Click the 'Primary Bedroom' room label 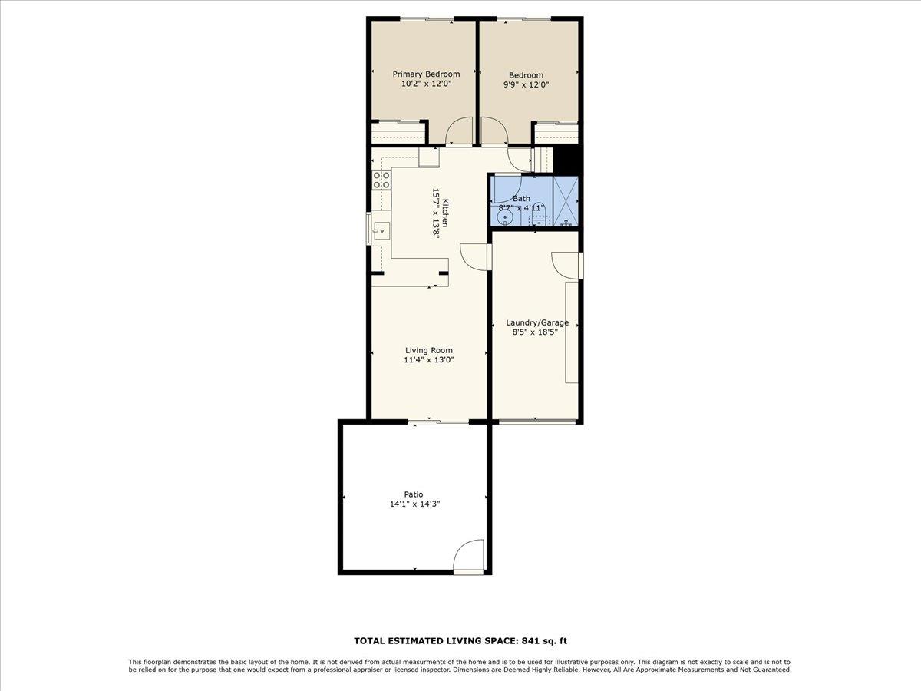[426, 74]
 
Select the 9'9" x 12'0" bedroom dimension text [526, 85]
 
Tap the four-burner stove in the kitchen [381, 180]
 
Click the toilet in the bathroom [539, 217]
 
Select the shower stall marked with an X [566, 201]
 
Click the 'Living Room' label [429, 350]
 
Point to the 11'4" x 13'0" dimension [429, 359]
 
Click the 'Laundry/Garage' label [537, 322]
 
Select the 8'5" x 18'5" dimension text [534, 332]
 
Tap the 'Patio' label [414, 494]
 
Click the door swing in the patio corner [469, 557]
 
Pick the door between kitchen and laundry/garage [475, 256]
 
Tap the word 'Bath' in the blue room [521, 198]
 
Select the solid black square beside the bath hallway [567, 160]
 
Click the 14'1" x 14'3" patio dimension [414, 504]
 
